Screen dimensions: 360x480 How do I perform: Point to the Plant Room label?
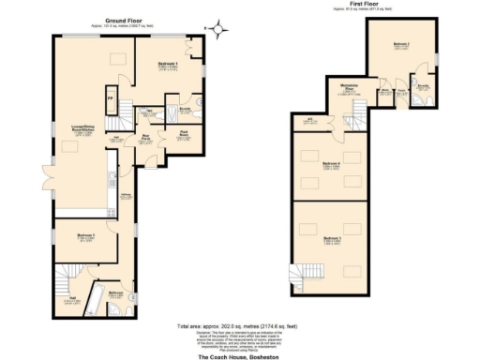(x=186, y=133)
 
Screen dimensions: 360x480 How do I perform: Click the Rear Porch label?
(x=147, y=141)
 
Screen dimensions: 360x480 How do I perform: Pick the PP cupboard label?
(x=110, y=98)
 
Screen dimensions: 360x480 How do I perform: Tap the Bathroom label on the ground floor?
(x=116, y=294)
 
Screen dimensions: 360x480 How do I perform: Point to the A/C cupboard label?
(x=309, y=119)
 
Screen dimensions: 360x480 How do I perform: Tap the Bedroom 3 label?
(x=331, y=227)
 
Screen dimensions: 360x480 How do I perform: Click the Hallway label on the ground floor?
(x=126, y=195)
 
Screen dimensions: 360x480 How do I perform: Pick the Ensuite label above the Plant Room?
(x=185, y=109)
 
